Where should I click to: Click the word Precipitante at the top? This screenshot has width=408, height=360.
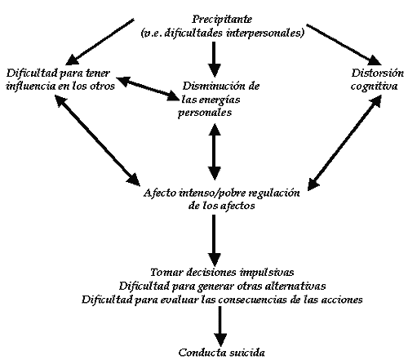[222, 20]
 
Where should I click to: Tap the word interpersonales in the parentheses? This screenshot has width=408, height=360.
[265, 33]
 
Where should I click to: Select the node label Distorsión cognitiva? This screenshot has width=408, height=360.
[377, 79]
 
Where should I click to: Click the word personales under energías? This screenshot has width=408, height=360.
[205, 113]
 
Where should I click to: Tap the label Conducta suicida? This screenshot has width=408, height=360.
[222, 353]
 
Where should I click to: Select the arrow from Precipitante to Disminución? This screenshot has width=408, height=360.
[215, 60]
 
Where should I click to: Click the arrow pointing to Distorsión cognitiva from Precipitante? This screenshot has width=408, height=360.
[344, 45]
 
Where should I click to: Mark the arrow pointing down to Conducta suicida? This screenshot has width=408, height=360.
[220, 326]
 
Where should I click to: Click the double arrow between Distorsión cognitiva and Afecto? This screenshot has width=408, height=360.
[344, 143]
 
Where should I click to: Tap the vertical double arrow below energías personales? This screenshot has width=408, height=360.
[215, 152]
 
